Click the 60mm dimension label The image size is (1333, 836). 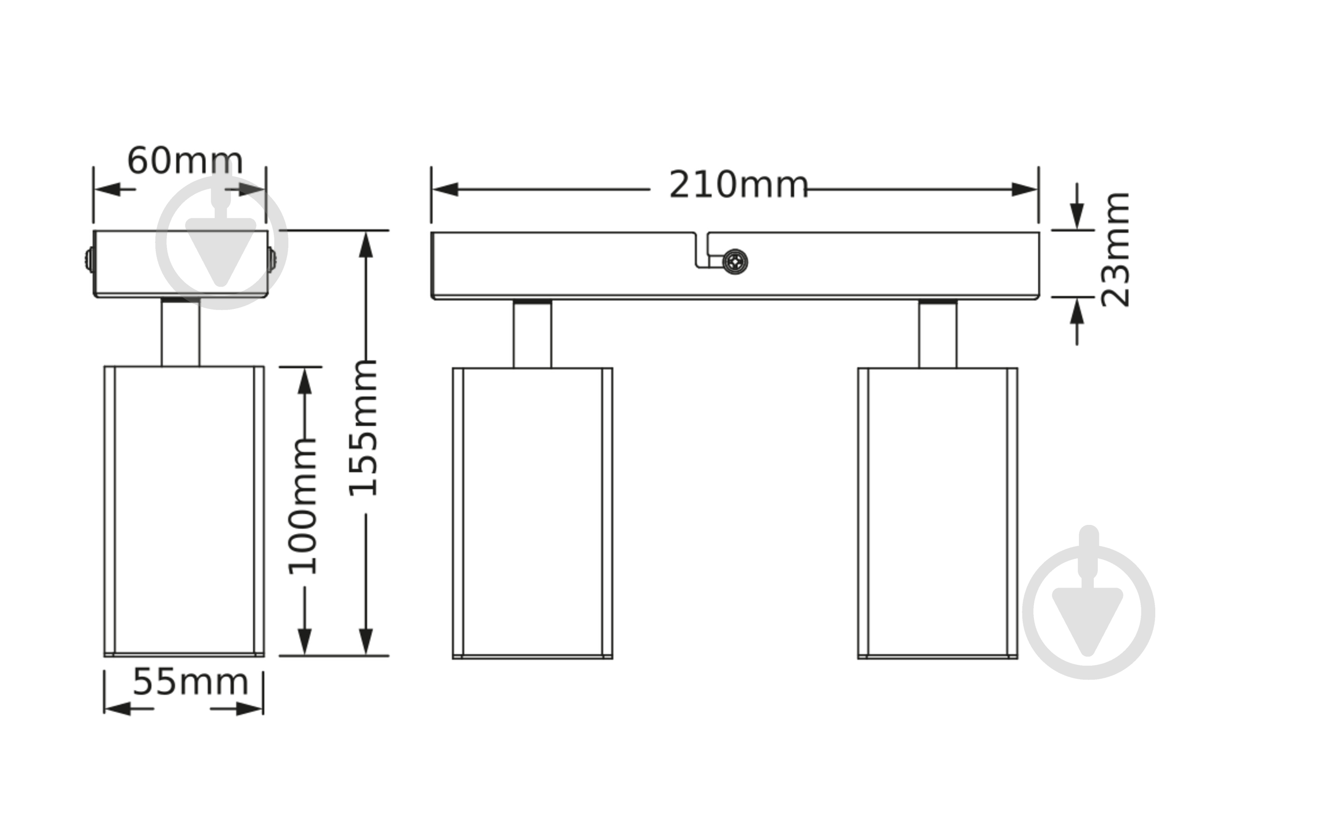click(x=185, y=161)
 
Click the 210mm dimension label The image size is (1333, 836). click(x=738, y=185)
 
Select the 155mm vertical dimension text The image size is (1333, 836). click(x=363, y=428)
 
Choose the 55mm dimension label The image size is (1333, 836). click(x=190, y=682)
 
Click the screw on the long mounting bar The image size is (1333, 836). click(x=735, y=261)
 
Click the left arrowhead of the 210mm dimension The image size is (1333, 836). click(x=445, y=190)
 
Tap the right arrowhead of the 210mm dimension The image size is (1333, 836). click(x=1025, y=190)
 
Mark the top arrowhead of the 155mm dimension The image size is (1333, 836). click(x=366, y=245)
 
